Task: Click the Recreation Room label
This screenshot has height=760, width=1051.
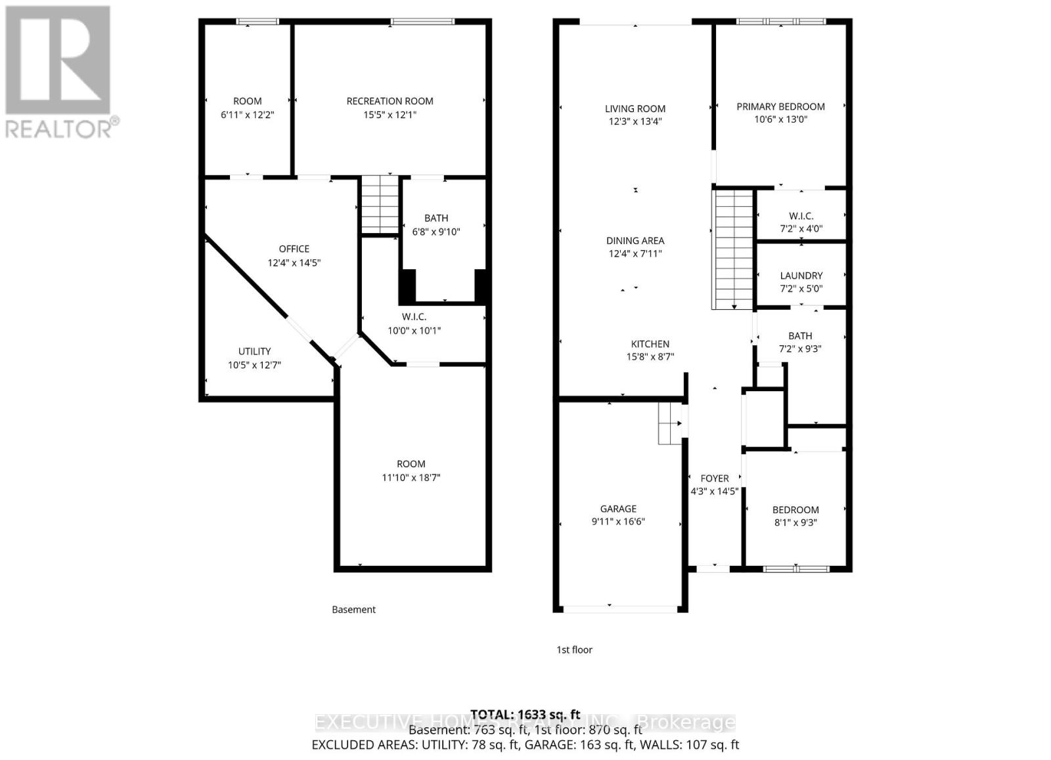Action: (390, 101)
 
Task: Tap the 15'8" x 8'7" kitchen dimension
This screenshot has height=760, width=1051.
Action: (650, 357)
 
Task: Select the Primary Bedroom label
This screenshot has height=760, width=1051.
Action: (780, 106)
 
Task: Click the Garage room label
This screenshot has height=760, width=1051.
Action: (618, 509)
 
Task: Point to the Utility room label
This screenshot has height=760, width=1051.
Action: (254, 351)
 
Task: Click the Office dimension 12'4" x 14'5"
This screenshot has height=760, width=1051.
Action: (294, 263)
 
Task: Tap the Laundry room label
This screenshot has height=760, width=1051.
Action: (801, 276)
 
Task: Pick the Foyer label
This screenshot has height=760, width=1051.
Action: (714, 478)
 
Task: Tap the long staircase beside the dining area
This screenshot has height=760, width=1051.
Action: (733, 249)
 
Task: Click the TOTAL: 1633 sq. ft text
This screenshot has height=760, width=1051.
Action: (525, 714)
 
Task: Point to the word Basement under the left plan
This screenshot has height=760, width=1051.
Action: (353, 610)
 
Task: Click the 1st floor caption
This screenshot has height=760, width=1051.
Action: (574, 650)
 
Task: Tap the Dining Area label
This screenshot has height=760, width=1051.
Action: (635, 241)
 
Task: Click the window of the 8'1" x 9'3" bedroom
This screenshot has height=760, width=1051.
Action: (795, 568)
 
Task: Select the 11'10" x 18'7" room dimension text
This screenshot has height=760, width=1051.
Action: (411, 478)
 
